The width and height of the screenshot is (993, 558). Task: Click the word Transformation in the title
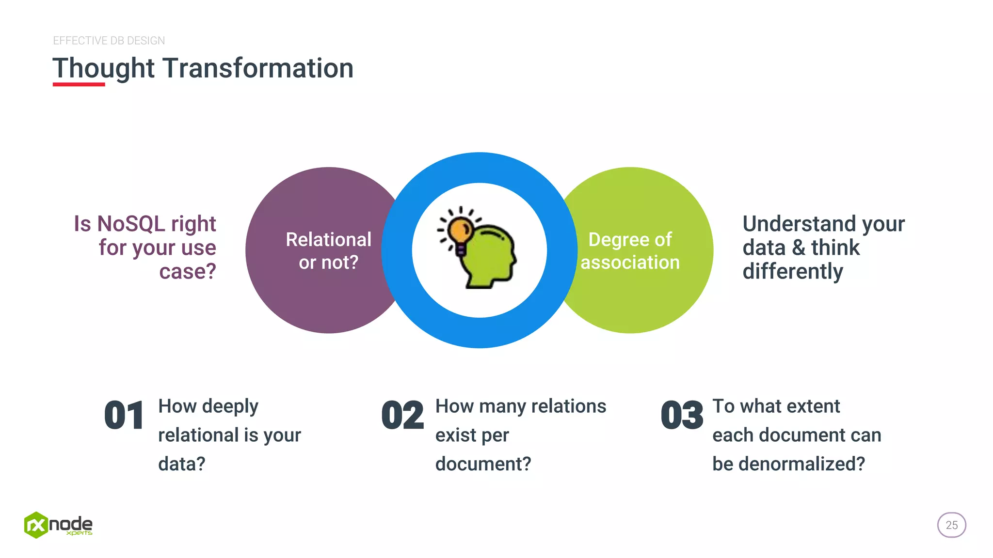[257, 68]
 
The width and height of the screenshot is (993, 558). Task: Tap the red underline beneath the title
[79, 84]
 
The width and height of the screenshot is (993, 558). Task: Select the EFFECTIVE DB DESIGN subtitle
[109, 41]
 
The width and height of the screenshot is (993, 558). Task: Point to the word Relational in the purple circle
[328, 239]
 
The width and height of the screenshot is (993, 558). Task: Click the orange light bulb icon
[459, 231]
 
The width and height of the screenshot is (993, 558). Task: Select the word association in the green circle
[630, 263]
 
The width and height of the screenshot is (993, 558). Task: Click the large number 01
[124, 416]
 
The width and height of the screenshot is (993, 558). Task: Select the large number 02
[402, 416]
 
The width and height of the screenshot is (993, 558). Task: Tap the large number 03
[682, 416]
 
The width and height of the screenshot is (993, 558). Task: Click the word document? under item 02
[483, 464]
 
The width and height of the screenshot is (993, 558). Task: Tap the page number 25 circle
[951, 525]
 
